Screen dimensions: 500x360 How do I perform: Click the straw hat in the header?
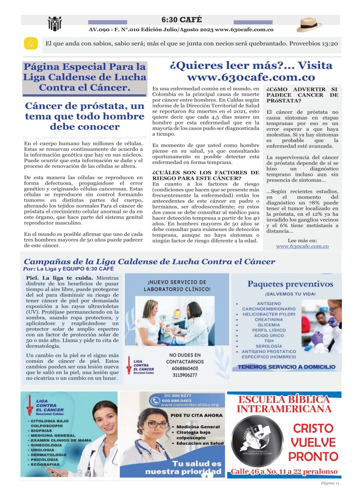pyautogui.click(x=309, y=24)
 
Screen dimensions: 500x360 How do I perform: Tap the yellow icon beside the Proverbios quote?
pyautogui.click(x=30, y=43)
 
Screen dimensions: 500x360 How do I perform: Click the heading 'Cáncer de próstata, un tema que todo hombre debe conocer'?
pyautogui.click(x=85, y=117)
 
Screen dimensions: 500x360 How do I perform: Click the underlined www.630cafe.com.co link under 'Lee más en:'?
pyautogui.click(x=302, y=247)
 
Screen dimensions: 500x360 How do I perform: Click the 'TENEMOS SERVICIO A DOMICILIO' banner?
pyautogui.click(x=286, y=367)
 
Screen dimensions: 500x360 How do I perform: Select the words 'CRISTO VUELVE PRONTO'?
pyautogui.click(x=314, y=442)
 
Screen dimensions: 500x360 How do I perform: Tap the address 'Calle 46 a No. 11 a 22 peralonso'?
pyautogui.click(x=284, y=472)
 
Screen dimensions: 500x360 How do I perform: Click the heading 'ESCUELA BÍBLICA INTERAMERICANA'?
pyautogui.click(x=284, y=404)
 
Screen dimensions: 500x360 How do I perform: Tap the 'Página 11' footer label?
pyautogui.click(x=330, y=483)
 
